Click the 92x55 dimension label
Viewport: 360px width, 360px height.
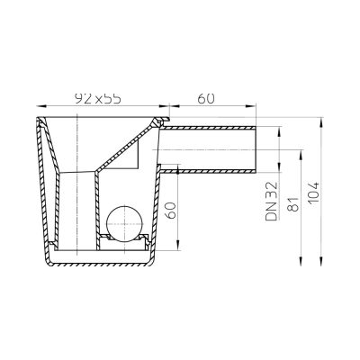tap(98, 98)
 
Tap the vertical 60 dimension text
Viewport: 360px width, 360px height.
tap(171, 210)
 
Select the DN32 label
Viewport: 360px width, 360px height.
tap(272, 202)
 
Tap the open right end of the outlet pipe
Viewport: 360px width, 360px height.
tap(256, 149)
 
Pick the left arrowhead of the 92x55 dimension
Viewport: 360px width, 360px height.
tap(40, 105)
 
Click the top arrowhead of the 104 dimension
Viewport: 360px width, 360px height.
tap(321, 121)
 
